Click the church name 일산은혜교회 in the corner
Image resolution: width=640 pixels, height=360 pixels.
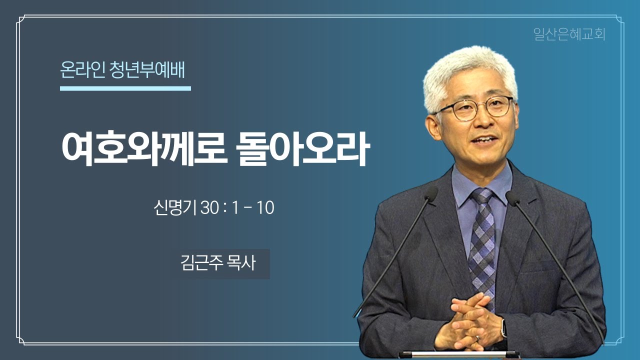tap(569, 34)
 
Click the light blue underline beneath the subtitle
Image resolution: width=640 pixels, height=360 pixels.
tap(125, 88)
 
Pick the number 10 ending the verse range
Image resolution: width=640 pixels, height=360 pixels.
tap(265, 208)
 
